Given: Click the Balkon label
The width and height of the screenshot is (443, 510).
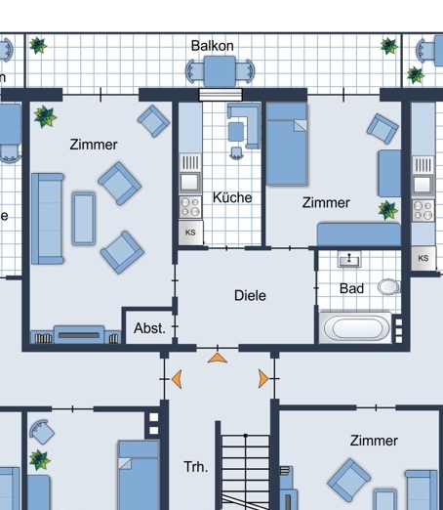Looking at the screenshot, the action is pos(213,46).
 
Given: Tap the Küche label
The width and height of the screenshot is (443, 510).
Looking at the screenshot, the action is pos(232,197).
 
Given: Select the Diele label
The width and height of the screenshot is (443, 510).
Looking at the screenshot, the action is pos(250,295).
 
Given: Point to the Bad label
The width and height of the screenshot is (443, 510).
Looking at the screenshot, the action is pos(351,288).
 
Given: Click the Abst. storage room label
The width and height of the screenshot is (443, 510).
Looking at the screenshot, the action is pos(149,328).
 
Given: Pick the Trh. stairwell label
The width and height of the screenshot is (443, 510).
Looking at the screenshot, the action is pos(195,467).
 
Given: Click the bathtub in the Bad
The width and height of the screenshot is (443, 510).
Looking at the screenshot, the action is pos(356,327).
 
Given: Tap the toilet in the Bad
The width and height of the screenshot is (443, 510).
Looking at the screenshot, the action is pos(389,287).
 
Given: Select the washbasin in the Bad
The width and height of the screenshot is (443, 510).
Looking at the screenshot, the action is pos(349,259).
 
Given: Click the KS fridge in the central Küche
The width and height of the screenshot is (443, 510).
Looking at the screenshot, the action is pos(190,233).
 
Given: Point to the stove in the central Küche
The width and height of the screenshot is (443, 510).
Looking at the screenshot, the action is pos(190,207).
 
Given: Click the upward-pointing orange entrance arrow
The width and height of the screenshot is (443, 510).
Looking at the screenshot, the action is pos(218,359).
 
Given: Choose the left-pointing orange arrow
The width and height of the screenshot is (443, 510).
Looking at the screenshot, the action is pos(177,379).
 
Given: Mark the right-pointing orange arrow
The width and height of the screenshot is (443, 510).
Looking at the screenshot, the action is pos(263,379).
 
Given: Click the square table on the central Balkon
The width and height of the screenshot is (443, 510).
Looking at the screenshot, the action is pos(220,71).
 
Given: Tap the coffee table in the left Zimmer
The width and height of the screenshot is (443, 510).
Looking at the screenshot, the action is pos(84,218).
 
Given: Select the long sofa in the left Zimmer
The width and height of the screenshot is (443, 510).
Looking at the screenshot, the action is pos(48,219).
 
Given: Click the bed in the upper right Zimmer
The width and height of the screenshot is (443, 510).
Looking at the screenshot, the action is pos(287,144).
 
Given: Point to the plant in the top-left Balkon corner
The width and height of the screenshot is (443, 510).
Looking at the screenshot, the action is pos(38,45).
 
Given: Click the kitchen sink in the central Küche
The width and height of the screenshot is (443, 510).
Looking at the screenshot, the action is pos(190,182).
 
